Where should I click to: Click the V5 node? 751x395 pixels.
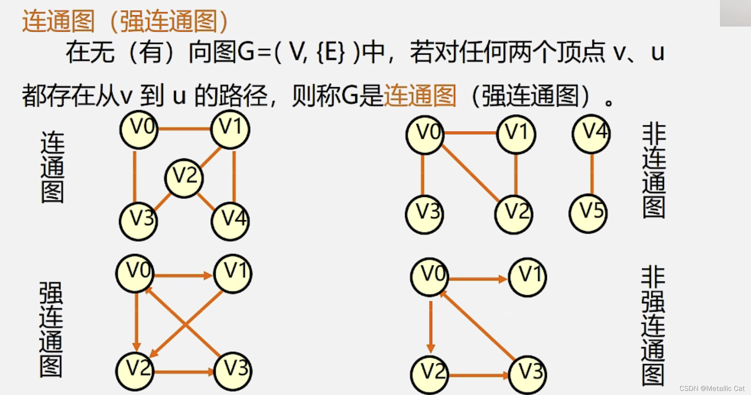588,213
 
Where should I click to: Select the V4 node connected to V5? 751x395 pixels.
591,134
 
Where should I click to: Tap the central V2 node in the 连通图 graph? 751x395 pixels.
184,178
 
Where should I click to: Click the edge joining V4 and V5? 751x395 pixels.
592,173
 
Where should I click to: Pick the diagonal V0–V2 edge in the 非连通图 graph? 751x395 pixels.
470,173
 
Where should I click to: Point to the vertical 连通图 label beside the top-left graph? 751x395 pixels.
52,167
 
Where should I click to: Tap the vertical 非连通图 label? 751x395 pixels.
653,171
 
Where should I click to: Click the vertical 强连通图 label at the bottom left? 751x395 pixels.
51,329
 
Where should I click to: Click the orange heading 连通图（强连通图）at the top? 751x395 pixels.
125,21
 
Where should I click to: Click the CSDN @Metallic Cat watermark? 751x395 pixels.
712,388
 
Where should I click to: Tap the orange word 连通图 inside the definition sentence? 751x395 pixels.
420,96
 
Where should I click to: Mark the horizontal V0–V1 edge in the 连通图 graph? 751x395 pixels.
184,129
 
